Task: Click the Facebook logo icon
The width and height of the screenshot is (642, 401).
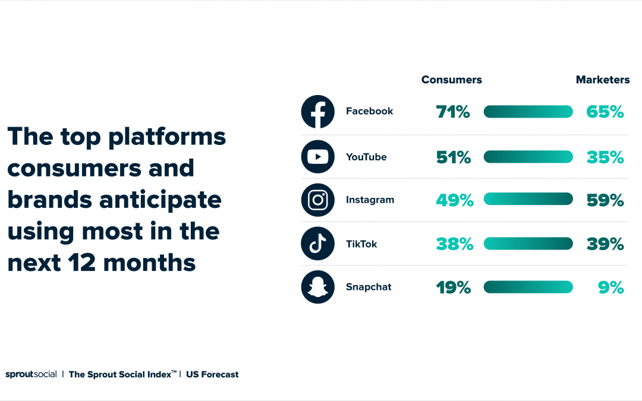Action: tap(317, 112)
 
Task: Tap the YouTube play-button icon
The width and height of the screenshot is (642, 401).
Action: tap(317, 157)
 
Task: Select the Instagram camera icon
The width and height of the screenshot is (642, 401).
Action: tap(317, 200)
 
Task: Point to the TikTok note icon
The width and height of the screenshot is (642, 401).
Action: tap(317, 244)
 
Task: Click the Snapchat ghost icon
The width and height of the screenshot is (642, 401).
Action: tap(317, 288)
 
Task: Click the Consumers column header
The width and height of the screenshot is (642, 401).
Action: tap(452, 80)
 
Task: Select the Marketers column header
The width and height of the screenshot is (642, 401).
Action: tap(603, 80)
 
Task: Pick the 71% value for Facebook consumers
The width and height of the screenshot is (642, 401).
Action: tap(453, 112)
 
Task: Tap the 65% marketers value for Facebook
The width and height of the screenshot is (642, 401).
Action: tap(605, 112)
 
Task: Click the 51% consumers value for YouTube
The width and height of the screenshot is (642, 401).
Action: tap(454, 157)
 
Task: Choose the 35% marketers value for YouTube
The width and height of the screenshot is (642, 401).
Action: tap(605, 157)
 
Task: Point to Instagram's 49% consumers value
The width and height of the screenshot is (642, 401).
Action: tap(455, 201)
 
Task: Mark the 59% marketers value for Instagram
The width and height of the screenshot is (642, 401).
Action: tap(605, 201)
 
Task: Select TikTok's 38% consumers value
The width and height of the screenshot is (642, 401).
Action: tap(455, 244)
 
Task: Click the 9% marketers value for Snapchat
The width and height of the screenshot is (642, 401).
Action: tap(611, 288)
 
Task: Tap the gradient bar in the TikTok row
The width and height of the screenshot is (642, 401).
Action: tap(528, 244)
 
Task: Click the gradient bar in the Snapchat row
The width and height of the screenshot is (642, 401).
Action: tap(528, 287)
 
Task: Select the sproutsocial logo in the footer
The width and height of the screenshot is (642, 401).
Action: tap(31, 374)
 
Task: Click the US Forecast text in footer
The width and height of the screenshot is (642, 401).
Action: tap(212, 374)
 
